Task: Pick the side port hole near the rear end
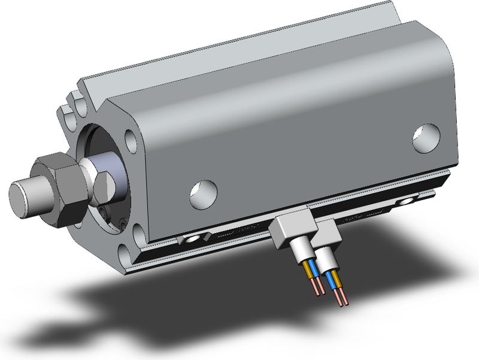click(427, 137)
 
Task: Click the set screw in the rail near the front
click(193, 240)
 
